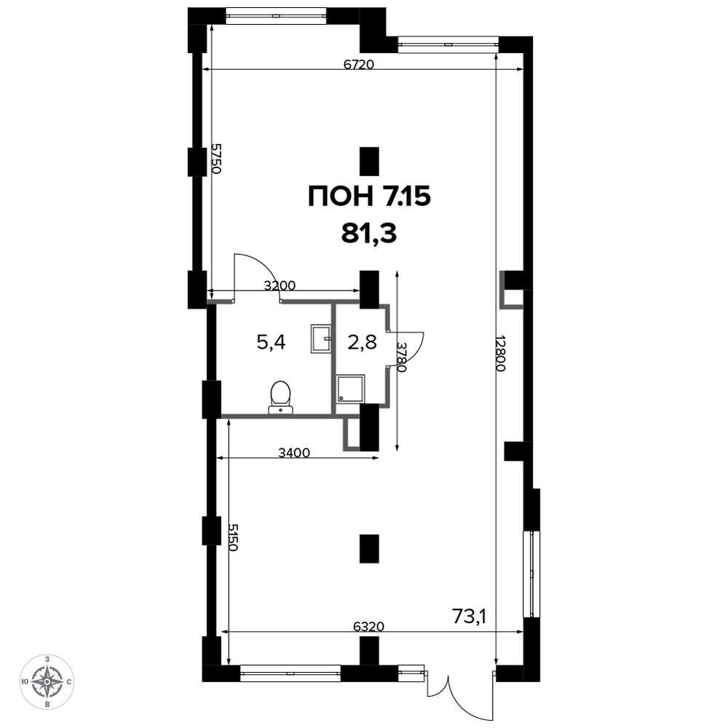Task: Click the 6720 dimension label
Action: (358, 64)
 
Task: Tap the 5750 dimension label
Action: (216, 158)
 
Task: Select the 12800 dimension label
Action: (499, 353)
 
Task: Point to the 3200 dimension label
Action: (280, 285)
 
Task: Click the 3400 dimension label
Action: (294, 452)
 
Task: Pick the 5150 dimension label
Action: (233, 537)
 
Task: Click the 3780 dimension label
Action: (401, 357)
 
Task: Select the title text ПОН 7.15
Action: (370, 197)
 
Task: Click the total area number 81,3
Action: (369, 234)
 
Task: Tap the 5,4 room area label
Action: (271, 343)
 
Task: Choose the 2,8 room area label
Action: (362, 343)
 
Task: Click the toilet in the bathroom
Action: (281, 397)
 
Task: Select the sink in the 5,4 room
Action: (321, 339)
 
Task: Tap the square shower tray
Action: (351, 388)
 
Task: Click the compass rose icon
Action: (47, 681)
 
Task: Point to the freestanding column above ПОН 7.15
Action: (370, 162)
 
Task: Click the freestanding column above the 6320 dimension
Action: (370, 549)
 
